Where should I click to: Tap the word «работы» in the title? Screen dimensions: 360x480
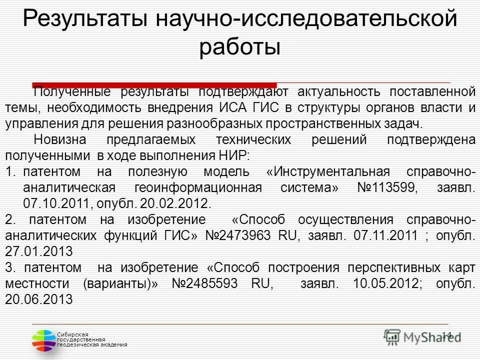click(x=239, y=47)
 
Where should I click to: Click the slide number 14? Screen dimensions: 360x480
click(x=446, y=335)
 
